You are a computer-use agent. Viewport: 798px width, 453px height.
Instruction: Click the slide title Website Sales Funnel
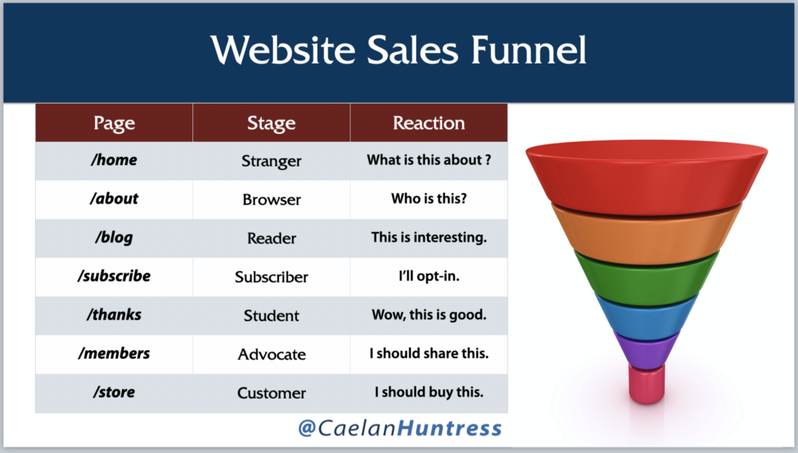pyautogui.click(x=398, y=50)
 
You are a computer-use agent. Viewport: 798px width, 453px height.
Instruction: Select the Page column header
pyautogui.click(x=114, y=123)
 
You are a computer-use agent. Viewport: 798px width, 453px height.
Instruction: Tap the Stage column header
pyautogui.click(x=271, y=123)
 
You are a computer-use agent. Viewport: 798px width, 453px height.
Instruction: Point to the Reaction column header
pyautogui.click(x=429, y=123)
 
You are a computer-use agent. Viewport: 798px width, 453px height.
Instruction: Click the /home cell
pyautogui.click(x=114, y=160)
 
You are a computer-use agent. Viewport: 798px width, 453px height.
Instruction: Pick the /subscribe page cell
pyautogui.click(x=114, y=277)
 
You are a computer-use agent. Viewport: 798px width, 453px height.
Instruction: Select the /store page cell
pyautogui.click(x=114, y=392)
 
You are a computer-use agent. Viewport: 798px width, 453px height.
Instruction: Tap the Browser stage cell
pyautogui.click(x=271, y=199)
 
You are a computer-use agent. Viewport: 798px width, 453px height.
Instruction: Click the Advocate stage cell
pyautogui.click(x=271, y=354)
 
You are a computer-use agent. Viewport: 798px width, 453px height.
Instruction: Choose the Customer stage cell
pyautogui.click(x=271, y=393)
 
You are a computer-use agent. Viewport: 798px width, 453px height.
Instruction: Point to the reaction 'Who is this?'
pyautogui.click(x=429, y=199)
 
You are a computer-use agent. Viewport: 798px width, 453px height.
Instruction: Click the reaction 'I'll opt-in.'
pyautogui.click(x=429, y=276)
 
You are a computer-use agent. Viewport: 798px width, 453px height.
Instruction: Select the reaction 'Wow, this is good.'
pyautogui.click(x=429, y=315)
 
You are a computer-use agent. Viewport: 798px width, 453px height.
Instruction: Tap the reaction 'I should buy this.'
pyautogui.click(x=429, y=392)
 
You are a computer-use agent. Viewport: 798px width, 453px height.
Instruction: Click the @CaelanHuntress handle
pyautogui.click(x=400, y=427)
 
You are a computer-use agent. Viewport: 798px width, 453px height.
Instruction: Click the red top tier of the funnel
pyautogui.click(x=646, y=175)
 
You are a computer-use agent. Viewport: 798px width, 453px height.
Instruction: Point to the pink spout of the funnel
pyautogui.click(x=646, y=384)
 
